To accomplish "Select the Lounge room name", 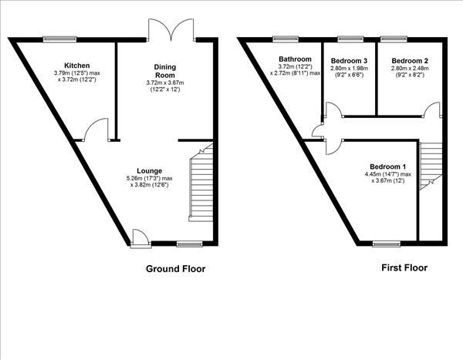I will pyautogui.click(x=150, y=170).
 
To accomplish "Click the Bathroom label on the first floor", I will pyautogui.click(x=296, y=59).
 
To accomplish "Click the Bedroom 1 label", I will pyautogui.click(x=387, y=167).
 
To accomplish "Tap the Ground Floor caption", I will pyautogui.click(x=176, y=269).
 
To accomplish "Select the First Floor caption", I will pyautogui.click(x=404, y=268).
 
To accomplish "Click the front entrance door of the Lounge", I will pyautogui.click(x=140, y=237).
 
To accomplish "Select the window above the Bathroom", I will pyautogui.click(x=286, y=36).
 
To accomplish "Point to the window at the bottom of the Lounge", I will pyautogui.click(x=188, y=243).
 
